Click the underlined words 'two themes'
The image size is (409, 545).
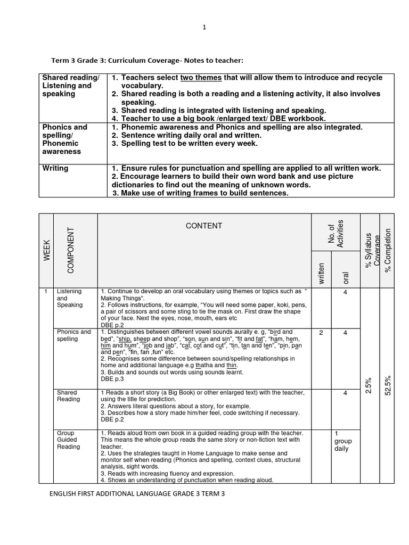pos(201,78)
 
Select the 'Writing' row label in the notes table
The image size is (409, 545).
pos(55,168)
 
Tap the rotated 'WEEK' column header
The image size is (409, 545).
pos(47,250)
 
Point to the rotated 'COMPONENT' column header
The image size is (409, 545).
pos(70,250)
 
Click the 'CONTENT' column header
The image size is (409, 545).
pos(203,226)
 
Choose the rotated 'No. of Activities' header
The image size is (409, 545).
pos(336,233)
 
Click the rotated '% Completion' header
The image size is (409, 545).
pos(388,250)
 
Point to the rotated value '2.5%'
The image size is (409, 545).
pos(369,386)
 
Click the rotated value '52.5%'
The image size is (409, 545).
pos(388,384)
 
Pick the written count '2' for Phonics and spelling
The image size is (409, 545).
pos(321,333)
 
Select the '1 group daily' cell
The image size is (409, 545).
pos(343,441)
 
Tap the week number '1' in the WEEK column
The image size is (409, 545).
pos(47,292)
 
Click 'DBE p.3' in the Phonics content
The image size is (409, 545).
pos(111,379)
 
